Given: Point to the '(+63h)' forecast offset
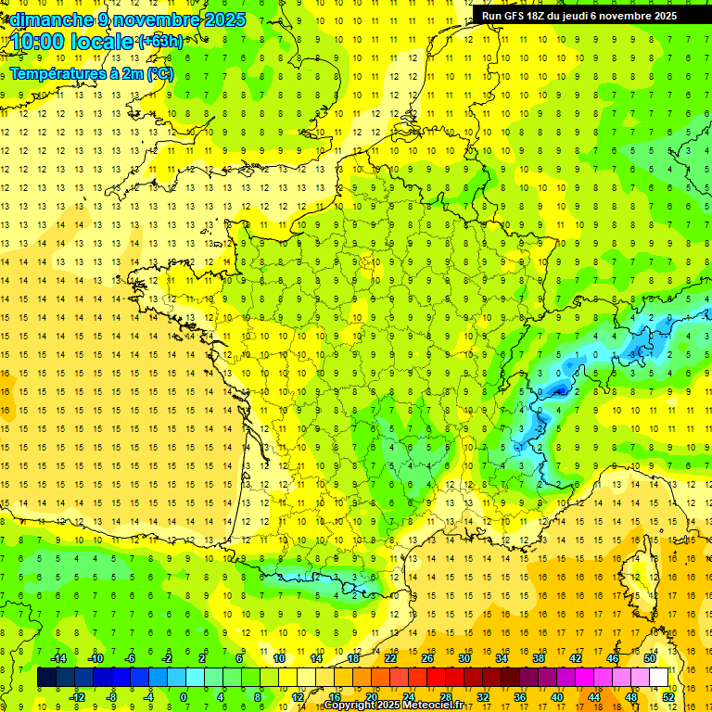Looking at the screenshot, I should [160, 41].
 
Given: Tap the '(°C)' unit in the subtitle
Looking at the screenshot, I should [159, 73].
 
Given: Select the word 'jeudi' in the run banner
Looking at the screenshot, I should [587, 16].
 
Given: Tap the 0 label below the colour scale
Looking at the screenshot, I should [184, 697].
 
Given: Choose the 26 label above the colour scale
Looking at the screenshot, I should [427, 658].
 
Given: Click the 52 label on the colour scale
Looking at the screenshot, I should [668, 697].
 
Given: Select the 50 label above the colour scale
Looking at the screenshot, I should [649, 658].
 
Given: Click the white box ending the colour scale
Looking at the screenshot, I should [658, 678].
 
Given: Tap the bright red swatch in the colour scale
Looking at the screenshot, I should [437, 678].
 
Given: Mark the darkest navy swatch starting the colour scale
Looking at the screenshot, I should [46, 678].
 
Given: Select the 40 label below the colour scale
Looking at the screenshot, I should [557, 697].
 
